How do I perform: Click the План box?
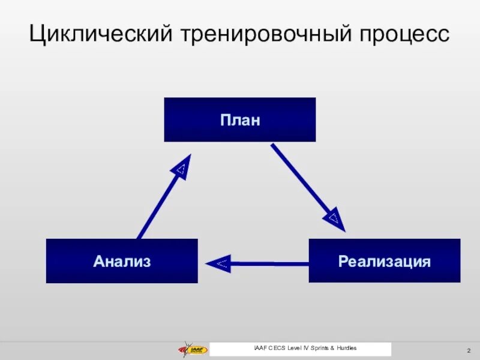tap(239, 120)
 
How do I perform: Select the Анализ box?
tap(122, 261)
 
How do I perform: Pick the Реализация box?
tap(385, 261)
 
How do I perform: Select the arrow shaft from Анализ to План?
tap(155, 205)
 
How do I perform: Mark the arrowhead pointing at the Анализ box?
tap(218, 263)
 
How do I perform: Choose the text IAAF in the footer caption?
tap(261, 349)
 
